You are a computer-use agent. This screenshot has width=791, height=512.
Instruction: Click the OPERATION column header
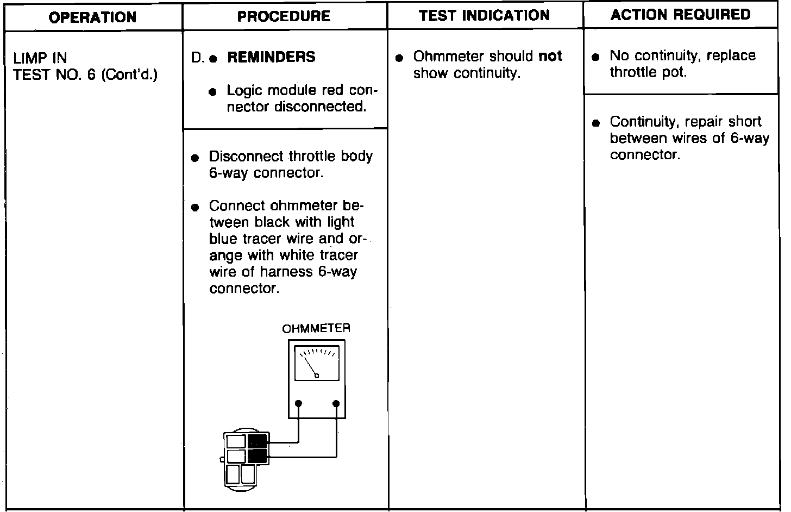click(93, 17)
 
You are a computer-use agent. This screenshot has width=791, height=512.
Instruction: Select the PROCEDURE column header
click(284, 16)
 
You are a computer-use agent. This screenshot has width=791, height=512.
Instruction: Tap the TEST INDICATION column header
click(485, 16)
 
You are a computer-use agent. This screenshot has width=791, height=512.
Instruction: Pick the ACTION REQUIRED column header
click(681, 15)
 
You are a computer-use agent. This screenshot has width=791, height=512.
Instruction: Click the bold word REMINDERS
click(271, 57)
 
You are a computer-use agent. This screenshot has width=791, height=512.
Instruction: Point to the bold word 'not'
click(550, 57)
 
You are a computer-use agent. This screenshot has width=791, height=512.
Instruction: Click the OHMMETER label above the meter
click(316, 328)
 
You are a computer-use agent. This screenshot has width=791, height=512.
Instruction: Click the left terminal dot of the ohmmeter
click(298, 403)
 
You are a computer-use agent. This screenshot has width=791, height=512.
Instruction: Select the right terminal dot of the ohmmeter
click(336, 403)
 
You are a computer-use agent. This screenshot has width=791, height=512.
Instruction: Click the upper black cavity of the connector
click(258, 441)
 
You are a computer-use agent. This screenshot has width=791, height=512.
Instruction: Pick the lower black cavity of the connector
click(258, 455)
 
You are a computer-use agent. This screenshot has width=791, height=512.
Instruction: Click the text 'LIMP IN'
click(40, 58)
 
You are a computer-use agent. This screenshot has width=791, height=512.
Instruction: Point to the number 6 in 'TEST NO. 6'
click(90, 74)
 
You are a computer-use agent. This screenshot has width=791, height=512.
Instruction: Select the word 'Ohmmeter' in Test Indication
click(446, 57)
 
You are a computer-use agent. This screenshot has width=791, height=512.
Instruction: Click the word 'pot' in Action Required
click(674, 73)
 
